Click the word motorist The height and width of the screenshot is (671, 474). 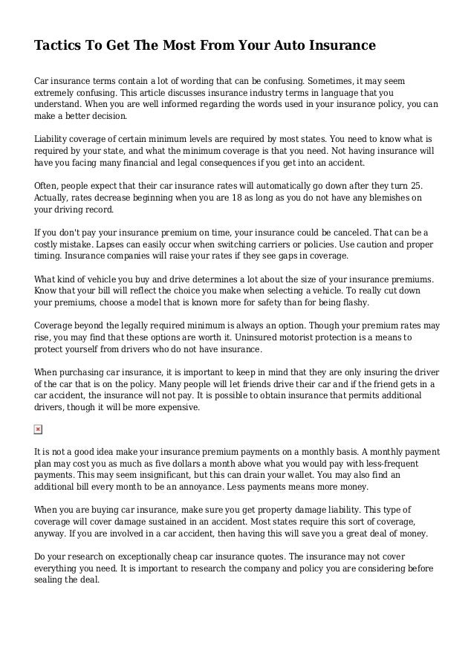[352, 337]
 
